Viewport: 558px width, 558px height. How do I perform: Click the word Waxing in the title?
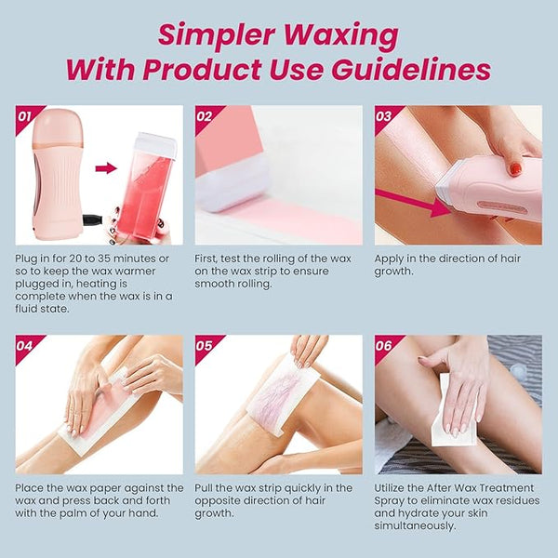click(x=341, y=36)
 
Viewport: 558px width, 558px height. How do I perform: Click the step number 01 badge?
click(x=25, y=116)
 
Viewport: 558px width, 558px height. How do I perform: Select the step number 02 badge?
click(x=205, y=116)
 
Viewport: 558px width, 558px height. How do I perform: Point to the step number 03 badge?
click(x=383, y=116)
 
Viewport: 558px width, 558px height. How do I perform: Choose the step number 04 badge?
click(x=25, y=346)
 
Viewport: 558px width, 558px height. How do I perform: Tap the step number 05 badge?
click(x=205, y=346)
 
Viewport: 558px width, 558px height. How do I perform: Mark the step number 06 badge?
click(x=383, y=346)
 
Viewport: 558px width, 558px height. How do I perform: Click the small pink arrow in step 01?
click(x=106, y=168)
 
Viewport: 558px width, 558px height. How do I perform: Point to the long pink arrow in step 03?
click(x=413, y=203)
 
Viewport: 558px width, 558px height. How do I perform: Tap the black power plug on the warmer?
click(x=93, y=219)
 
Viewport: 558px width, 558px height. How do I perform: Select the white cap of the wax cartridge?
click(x=156, y=141)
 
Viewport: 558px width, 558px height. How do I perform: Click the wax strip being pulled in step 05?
click(x=284, y=394)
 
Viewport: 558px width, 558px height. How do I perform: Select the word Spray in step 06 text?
click(x=390, y=501)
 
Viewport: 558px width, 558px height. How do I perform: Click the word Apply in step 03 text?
click(x=389, y=259)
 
